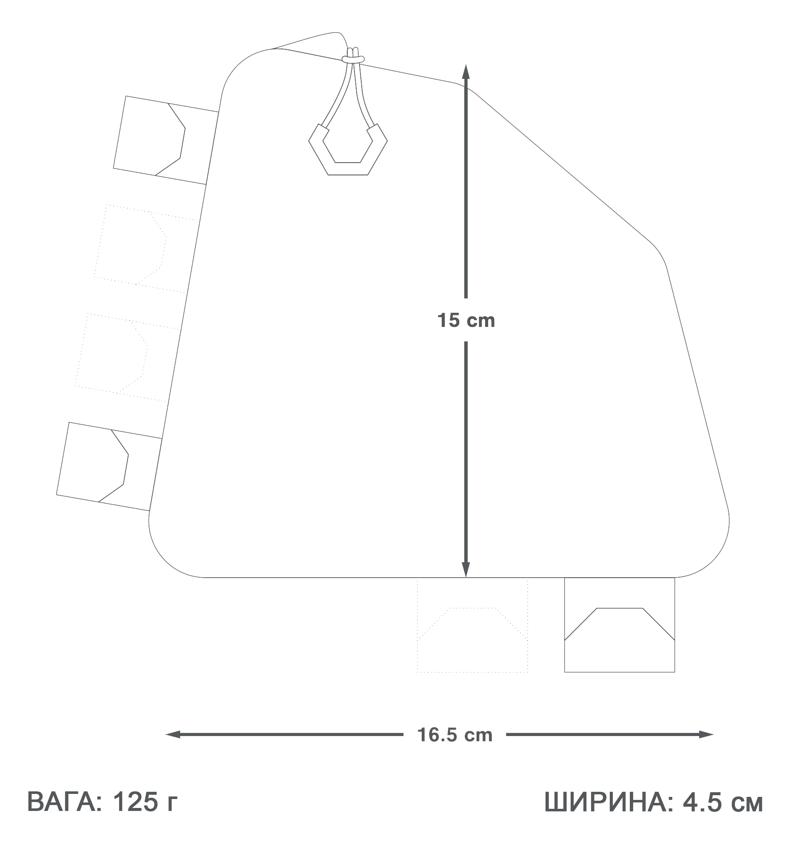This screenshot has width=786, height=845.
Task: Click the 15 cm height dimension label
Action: point(466,320)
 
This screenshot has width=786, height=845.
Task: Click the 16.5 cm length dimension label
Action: point(454,735)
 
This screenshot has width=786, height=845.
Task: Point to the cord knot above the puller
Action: point(353,57)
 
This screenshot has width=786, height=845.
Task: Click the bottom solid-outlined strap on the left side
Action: point(109,466)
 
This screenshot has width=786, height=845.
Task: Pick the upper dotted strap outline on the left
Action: point(145,249)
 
